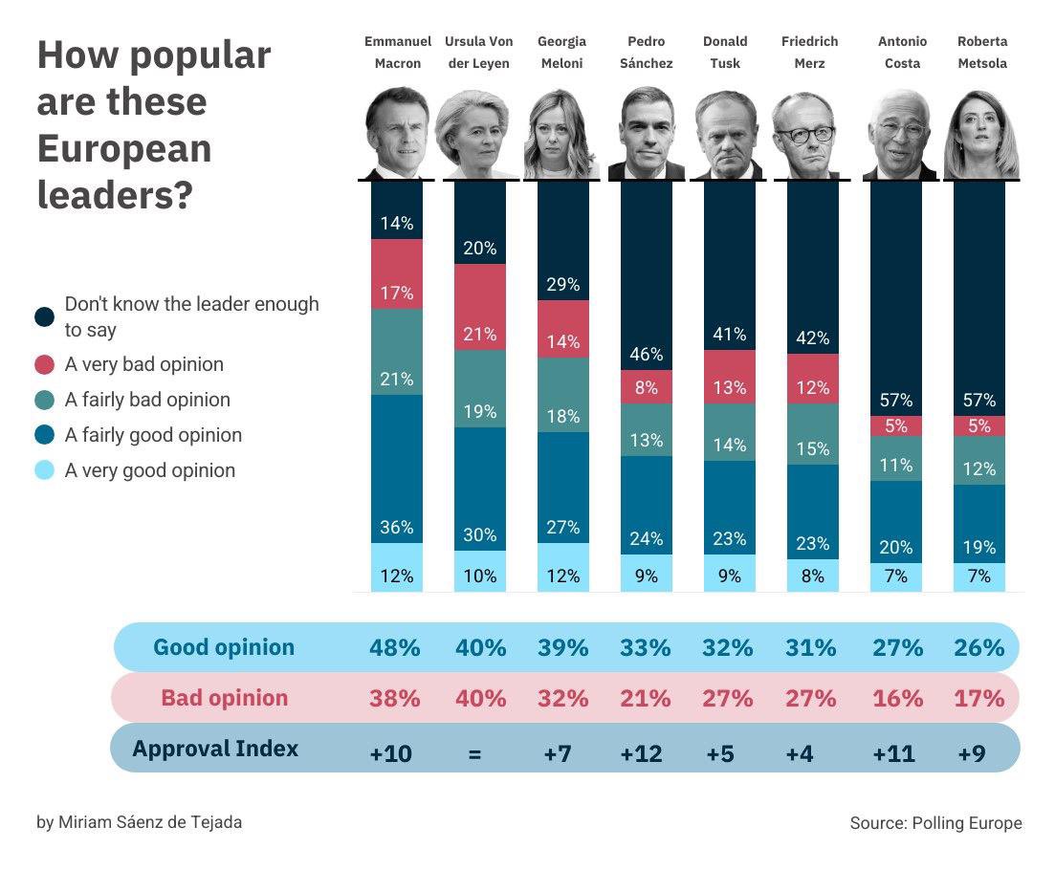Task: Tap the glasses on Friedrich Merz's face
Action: pyautogui.click(x=806, y=134)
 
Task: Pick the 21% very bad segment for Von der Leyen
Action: pyautogui.click(x=480, y=308)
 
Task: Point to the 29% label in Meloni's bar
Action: pyautogui.click(x=562, y=285)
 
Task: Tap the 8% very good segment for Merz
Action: pyautogui.click(x=812, y=576)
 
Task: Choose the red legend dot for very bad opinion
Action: pyautogui.click(x=44, y=365)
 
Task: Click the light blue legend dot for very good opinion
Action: pyautogui.click(x=44, y=470)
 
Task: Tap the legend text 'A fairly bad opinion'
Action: pyautogui.click(x=147, y=400)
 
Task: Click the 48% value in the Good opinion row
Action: pyautogui.click(x=395, y=647)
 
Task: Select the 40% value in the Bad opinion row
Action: pyautogui.click(x=480, y=698)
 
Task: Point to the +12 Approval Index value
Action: pyautogui.click(x=641, y=753)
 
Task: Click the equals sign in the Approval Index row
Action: pyautogui.click(x=474, y=753)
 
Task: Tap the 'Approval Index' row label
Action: pyautogui.click(x=215, y=748)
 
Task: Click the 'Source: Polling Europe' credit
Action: pyautogui.click(x=935, y=823)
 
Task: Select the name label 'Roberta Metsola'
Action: pyautogui.click(x=982, y=53)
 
